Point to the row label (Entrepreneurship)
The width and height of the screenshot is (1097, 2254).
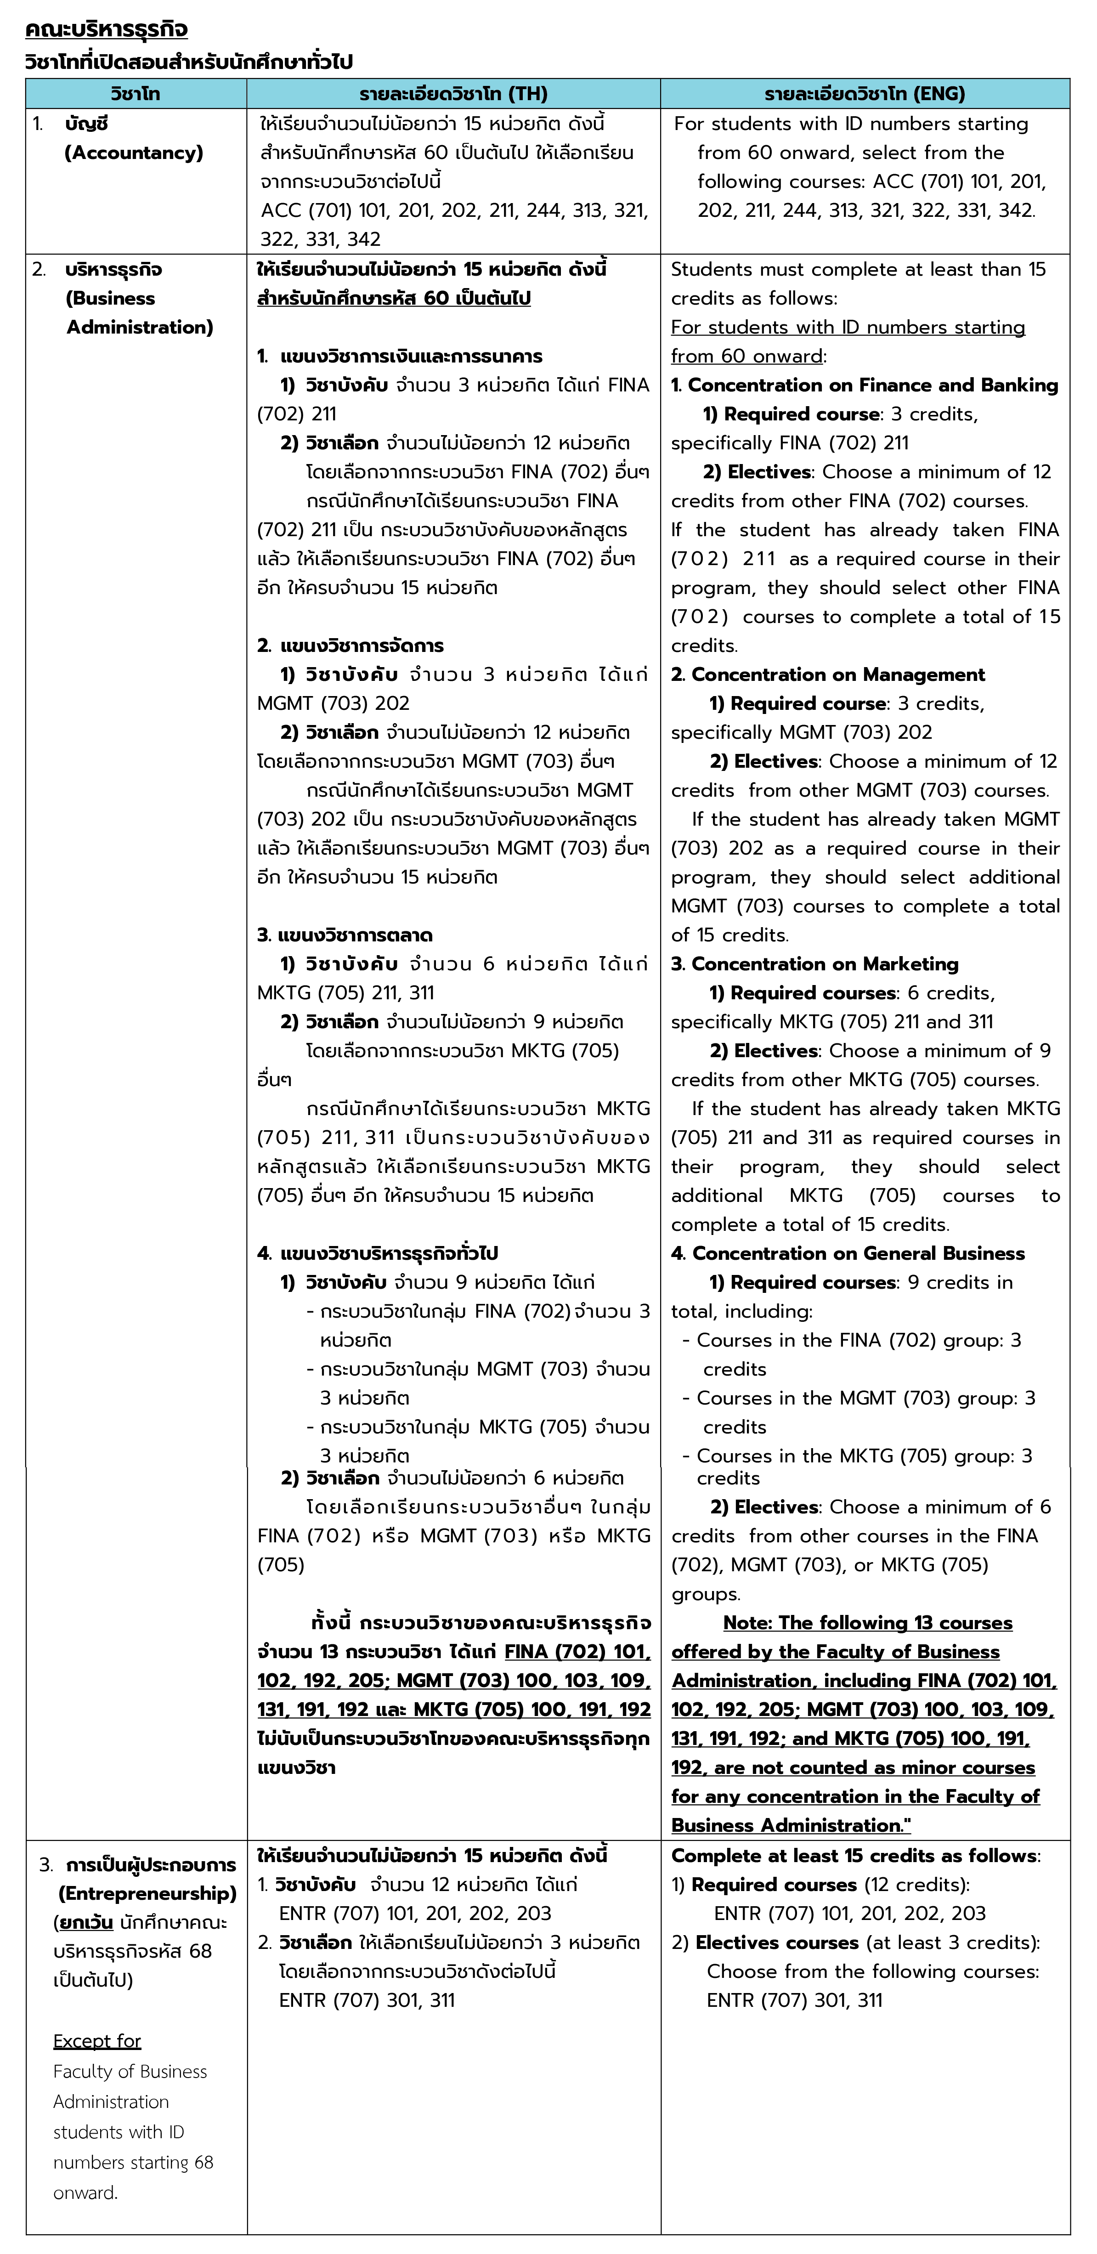pyautogui.click(x=147, y=1892)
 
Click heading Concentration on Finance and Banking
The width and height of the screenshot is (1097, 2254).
pyautogui.click(x=872, y=385)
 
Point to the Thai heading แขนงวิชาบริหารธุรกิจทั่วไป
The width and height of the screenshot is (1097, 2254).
pyautogui.click(x=389, y=1253)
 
